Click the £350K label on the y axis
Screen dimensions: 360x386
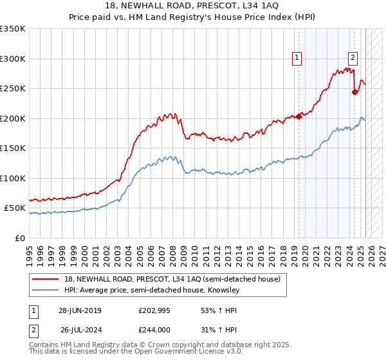pyautogui.click(x=13, y=29)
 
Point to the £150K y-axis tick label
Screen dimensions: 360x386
pyautogui.click(x=13, y=148)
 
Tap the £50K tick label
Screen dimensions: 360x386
pyautogui.click(x=15, y=208)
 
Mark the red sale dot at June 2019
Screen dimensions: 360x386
pyautogui.click(x=299, y=117)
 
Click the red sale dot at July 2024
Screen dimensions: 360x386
pyautogui.click(x=354, y=92)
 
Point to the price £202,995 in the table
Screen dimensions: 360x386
pyautogui.click(x=153, y=310)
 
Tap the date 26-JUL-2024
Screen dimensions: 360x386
pyautogui.click(x=80, y=329)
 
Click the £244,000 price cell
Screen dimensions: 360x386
pyautogui.click(x=153, y=329)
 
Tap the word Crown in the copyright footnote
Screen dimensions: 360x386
pyautogui.click(x=166, y=346)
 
